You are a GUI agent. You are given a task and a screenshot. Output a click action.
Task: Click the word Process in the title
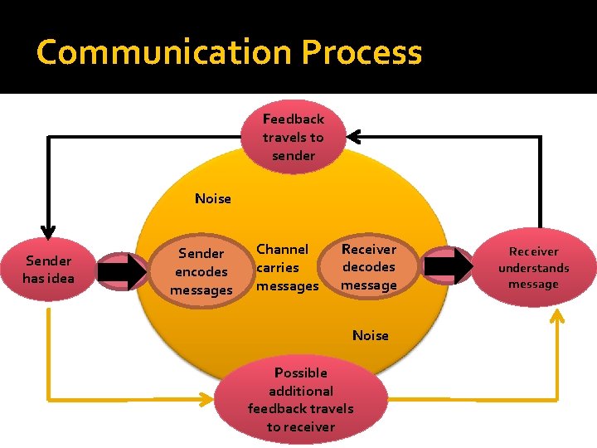tap(362, 52)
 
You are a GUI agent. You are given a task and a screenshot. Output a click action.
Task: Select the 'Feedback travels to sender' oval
tap(294, 137)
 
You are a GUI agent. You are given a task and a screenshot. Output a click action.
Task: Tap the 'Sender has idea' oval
tap(48, 270)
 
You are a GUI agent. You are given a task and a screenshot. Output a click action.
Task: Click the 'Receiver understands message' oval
tap(533, 267)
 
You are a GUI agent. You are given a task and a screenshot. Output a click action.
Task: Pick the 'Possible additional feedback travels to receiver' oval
tap(300, 400)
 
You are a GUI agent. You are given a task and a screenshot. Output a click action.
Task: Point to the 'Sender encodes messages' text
tap(201, 271)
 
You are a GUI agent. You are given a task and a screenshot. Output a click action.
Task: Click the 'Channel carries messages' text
tap(287, 267)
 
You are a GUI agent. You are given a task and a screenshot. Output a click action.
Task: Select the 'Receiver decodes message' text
tap(369, 267)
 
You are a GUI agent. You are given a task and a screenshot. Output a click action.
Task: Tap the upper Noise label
tap(213, 198)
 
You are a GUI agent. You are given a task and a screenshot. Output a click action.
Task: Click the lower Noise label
tap(370, 335)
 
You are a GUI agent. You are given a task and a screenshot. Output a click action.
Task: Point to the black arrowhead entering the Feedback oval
tap(354, 135)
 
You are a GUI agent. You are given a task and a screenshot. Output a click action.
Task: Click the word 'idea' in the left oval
tap(61, 278)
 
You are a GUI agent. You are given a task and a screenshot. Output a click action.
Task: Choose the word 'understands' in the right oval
tap(533, 268)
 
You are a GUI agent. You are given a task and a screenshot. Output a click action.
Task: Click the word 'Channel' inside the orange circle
tap(282, 249)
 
